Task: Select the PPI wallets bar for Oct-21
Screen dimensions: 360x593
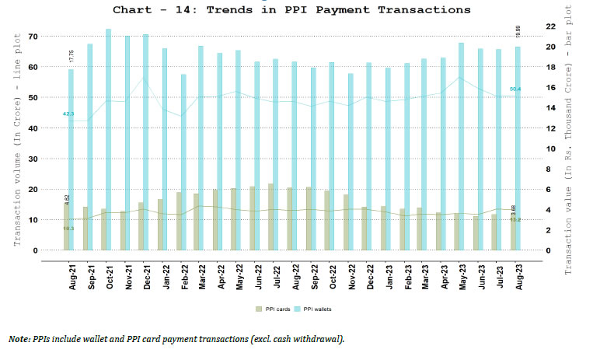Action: pyautogui.click(x=108, y=140)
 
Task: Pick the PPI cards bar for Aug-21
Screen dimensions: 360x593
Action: pyautogui.click(x=67, y=225)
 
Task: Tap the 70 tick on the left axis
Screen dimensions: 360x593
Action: pyautogui.click(x=33, y=37)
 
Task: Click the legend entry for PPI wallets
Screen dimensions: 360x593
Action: pyautogui.click(x=319, y=309)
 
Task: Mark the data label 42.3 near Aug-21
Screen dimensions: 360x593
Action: pyautogui.click(x=68, y=114)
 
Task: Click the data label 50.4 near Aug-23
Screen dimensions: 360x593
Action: pyautogui.click(x=515, y=89)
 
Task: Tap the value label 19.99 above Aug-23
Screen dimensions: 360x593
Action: pyautogui.click(x=518, y=31)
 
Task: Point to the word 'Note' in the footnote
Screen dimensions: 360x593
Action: pyautogui.click(x=17, y=340)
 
